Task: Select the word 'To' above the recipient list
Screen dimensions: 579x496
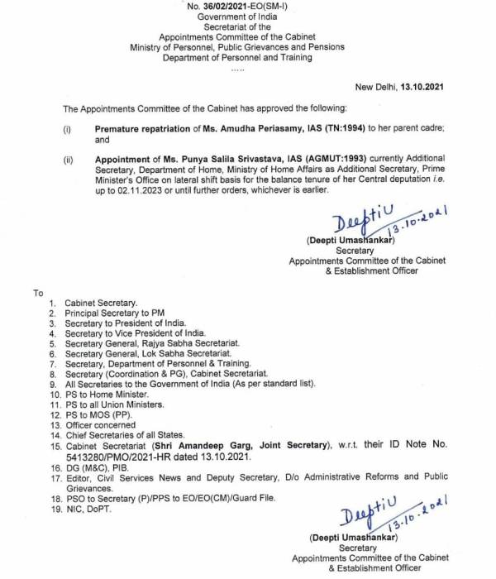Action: pos(38,294)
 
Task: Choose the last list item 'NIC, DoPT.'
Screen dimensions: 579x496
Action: pos(88,508)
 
